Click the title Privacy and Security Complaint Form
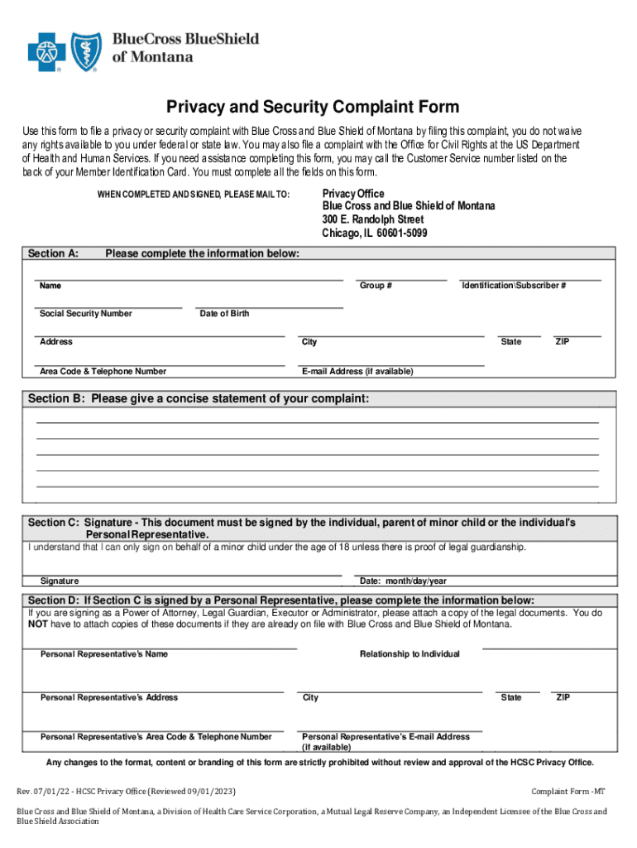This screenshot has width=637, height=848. [313, 107]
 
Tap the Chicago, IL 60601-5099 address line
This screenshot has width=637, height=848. [375, 233]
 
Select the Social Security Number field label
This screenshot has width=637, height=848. [86, 314]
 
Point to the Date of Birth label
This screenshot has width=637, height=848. [224, 314]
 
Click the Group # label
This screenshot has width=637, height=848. [376, 286]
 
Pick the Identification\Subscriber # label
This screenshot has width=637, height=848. [514, 286]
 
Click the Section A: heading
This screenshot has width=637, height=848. [54, 253]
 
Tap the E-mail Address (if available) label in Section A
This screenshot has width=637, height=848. [357, 371]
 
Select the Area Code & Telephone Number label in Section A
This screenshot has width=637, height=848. [103, 371]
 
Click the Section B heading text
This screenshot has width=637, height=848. [199, 399]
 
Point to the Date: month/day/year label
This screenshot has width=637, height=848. [403, 581]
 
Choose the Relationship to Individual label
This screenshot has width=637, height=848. [409, 654]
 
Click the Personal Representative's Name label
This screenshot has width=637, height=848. [103, 654]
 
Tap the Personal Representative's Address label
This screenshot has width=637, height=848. [109, 697]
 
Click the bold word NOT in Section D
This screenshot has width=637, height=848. [36, 624]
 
